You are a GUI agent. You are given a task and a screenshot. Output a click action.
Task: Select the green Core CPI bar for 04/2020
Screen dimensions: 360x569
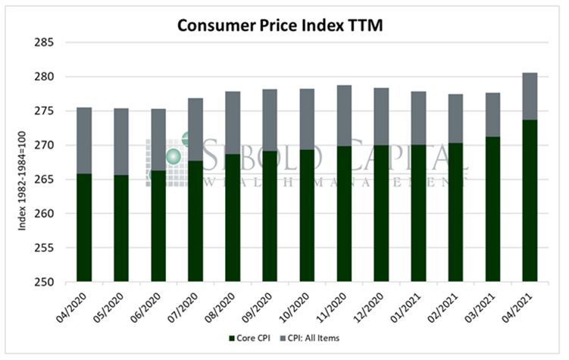(x=84, y=227)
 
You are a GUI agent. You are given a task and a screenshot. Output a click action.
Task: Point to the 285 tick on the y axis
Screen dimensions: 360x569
(x=42, y=42)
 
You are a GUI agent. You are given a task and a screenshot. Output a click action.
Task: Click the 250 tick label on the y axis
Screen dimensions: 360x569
(x=42, y=282)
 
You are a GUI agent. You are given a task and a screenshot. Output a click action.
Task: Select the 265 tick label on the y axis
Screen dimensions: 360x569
(x=42, y=180)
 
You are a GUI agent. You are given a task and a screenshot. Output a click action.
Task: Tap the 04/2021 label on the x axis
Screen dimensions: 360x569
(x=524, y=306)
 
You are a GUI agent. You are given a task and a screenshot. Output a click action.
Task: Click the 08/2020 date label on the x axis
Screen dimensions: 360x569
(x=227, y=306)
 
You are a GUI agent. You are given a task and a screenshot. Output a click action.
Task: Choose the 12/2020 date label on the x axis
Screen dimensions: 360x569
(x=376, y=306)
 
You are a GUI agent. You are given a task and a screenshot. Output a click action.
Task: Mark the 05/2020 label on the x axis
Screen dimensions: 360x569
(x=116, y=306)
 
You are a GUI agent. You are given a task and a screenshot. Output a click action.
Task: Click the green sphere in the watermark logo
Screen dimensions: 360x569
(x=174, y=156)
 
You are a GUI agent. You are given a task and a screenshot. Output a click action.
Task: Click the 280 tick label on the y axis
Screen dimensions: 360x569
(x=42, y=77)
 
